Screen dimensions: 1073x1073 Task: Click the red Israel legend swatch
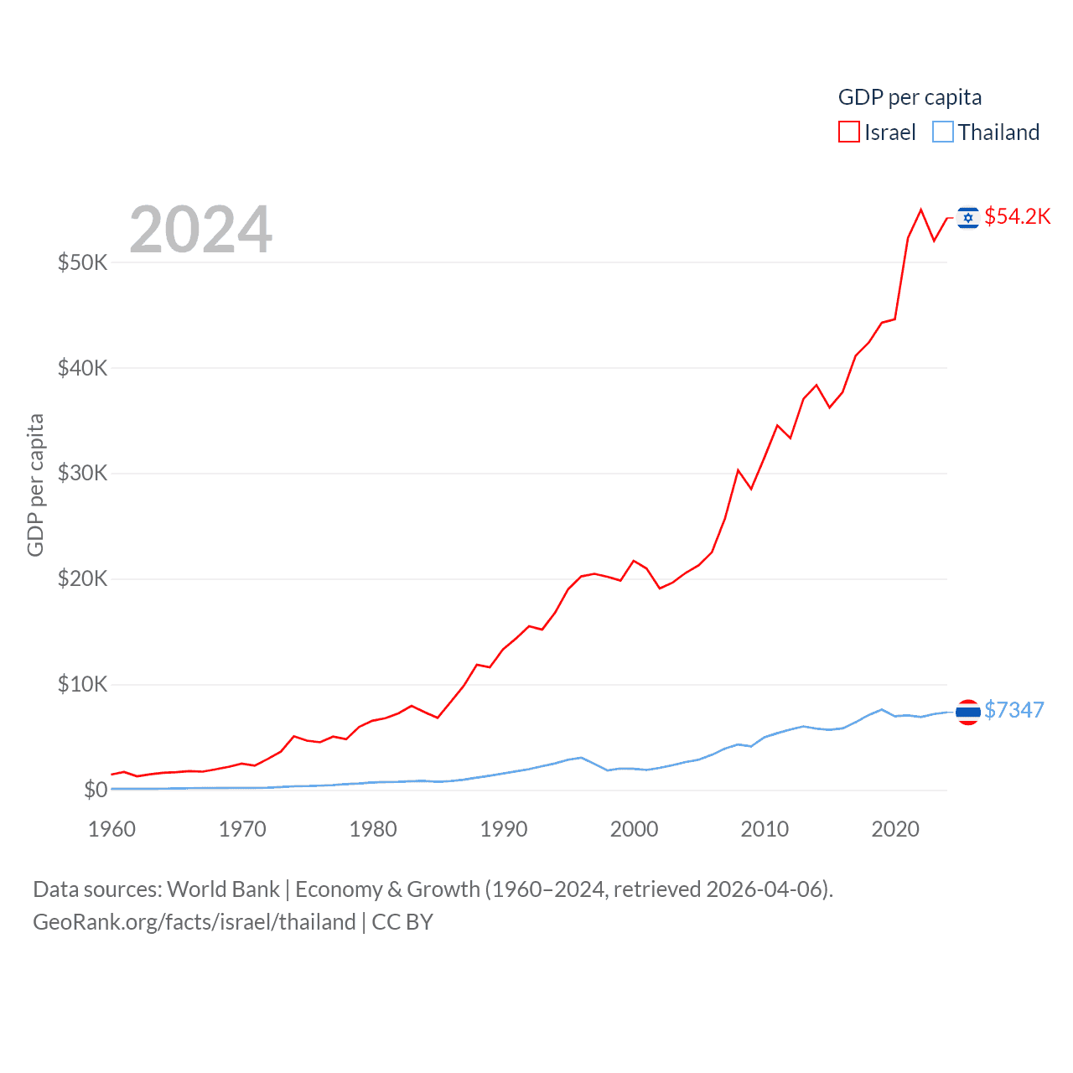(x=848, y=132)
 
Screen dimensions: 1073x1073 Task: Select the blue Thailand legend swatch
(x=943, y=132)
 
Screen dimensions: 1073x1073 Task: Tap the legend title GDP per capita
(x=910, y=97)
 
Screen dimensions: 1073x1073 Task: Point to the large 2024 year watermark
(x=200, y=229)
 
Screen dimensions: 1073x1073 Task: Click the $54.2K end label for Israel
(x=1017, y=216)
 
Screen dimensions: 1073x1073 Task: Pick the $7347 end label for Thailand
(x=1013, y=710)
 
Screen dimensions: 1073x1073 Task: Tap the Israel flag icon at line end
(x=968, y=218)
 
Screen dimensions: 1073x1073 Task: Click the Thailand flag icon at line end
(x=968, y=712)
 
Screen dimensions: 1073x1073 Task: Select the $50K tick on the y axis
(x=82, y=262)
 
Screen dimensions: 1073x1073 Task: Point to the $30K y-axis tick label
(x=82, y=473)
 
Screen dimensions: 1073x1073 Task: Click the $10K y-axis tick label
(x=82, y=684)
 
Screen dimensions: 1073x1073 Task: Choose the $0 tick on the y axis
(x=95, y=790)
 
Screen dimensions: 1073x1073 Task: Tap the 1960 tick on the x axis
(x=111, y=829)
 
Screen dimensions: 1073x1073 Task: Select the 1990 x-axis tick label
(x=504, y=829)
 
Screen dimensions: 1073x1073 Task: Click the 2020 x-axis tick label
(x=895, y=829)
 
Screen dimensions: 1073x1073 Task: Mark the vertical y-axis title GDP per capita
(x=35, y=485)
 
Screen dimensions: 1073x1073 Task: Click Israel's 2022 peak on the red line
(x=921, y=210)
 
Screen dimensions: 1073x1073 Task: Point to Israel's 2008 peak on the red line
(x=738, y=470)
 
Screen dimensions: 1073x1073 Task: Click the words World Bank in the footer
(x=223, y=889)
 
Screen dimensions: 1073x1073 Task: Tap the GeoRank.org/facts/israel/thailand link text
(x=194, y=922)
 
